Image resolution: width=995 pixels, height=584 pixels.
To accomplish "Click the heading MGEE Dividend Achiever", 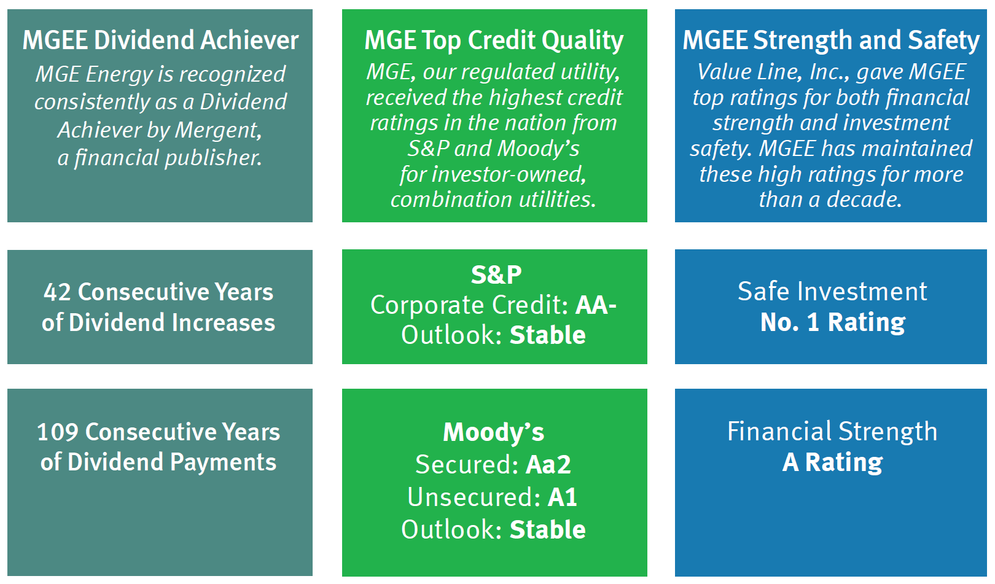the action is tap(160, 40).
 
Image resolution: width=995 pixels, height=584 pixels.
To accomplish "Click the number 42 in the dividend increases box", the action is tap(57, 292).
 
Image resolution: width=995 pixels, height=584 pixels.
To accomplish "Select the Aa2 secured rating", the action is tap(548, 464).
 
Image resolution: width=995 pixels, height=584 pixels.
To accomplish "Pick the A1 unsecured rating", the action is tap(563, 497).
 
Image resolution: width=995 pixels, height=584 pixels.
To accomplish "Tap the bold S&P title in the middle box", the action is tap(496, 275).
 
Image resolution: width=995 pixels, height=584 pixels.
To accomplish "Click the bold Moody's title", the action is tap(493, 432).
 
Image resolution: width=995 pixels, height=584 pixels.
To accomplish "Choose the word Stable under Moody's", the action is tap(548, 530).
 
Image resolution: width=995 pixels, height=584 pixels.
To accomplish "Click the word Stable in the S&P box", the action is tap(548, 335).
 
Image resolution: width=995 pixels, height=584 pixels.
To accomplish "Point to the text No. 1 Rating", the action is tap(832, 322).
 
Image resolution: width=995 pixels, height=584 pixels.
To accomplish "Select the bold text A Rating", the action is tap(832, 462).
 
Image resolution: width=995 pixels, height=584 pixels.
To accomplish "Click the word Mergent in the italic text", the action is tap(218, 131).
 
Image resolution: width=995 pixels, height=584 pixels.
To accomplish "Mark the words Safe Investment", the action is tap(832, 291).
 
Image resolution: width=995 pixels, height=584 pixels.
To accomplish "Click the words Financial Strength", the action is tap(832, 432).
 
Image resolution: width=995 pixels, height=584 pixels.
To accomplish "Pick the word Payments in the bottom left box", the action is tap(223, 463).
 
